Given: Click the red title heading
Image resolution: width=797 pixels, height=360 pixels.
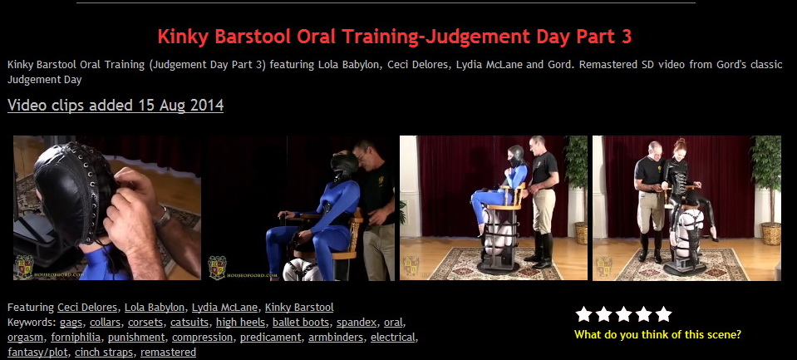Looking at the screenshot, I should [395, 37].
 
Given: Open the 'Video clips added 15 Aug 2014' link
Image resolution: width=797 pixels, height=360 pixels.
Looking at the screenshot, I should [116, 106].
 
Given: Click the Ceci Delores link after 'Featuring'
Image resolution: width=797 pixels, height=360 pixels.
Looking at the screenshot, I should [88, 308].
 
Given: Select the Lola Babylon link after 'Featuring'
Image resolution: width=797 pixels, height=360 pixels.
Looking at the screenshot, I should [155, 308].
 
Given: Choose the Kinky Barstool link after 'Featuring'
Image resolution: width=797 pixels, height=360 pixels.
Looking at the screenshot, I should [299, 308].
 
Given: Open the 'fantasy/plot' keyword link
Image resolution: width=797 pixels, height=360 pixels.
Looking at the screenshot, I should [38, 353].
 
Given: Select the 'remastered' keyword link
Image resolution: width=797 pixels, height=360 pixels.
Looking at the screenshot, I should [168, 353].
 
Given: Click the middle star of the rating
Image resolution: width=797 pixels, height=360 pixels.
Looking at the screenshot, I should [623, 314].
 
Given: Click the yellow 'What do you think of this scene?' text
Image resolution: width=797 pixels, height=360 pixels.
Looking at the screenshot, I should [657, 335].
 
